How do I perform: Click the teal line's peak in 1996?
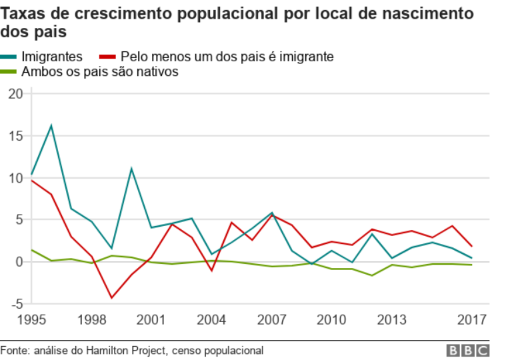click(x=51, y=125)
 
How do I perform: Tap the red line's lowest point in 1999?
click(x=111, y=297)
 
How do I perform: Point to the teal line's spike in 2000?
click(x=131, y=168)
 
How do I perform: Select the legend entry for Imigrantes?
click(x=51, y=57)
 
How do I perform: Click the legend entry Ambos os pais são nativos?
click(x=100, y=72)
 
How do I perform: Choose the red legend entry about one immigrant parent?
click(x=227, y=57)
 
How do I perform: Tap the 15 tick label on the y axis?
click(x=15, y=136)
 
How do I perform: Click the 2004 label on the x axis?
click(x=211, y=319)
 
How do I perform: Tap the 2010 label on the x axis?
click(x=331, y=319)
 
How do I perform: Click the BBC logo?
click(x=468, y=351)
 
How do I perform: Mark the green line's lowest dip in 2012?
click(x=371, y=275)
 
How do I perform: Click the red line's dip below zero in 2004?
click(x=211, y=271)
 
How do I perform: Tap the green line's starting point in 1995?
click(x=31, y=250)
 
